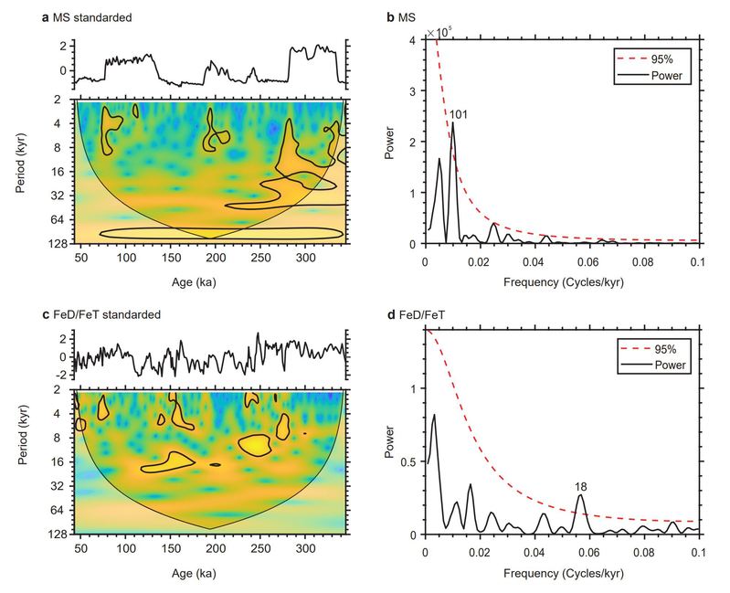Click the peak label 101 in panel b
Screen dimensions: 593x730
coord(458,113)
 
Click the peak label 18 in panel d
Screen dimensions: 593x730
coord(580,487)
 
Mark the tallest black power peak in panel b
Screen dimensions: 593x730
coord(452,122)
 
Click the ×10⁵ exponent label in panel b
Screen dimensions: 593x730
coord(440,35)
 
